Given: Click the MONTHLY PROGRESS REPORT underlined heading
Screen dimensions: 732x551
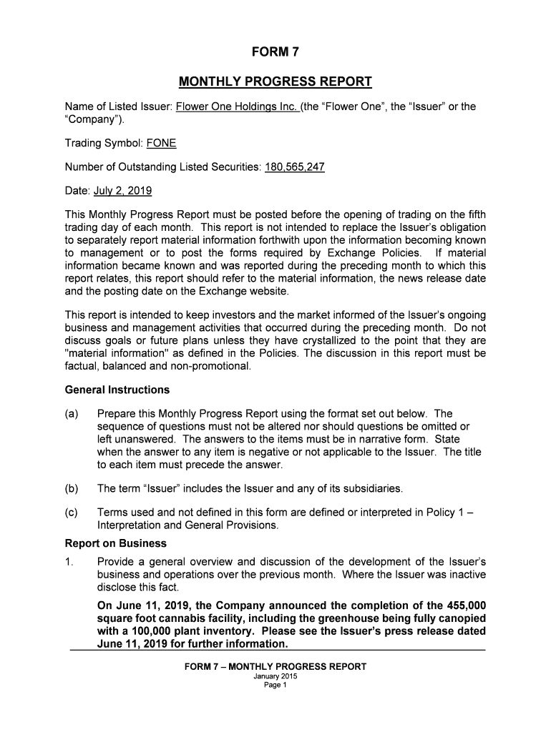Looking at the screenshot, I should tap(275, 81).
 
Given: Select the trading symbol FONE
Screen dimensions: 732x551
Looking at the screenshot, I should tap(161, 144).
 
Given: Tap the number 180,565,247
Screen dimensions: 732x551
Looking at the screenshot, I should tap(285, 168).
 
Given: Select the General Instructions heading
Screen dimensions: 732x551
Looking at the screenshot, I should tap(117, 390).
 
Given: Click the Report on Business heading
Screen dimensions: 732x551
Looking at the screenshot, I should tap(116, 543).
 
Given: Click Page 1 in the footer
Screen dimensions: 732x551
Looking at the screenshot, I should tap(275, 684).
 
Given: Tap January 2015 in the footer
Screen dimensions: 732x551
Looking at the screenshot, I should tap(275, 676).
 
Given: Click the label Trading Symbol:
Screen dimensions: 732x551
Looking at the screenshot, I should tap(104, 144).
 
